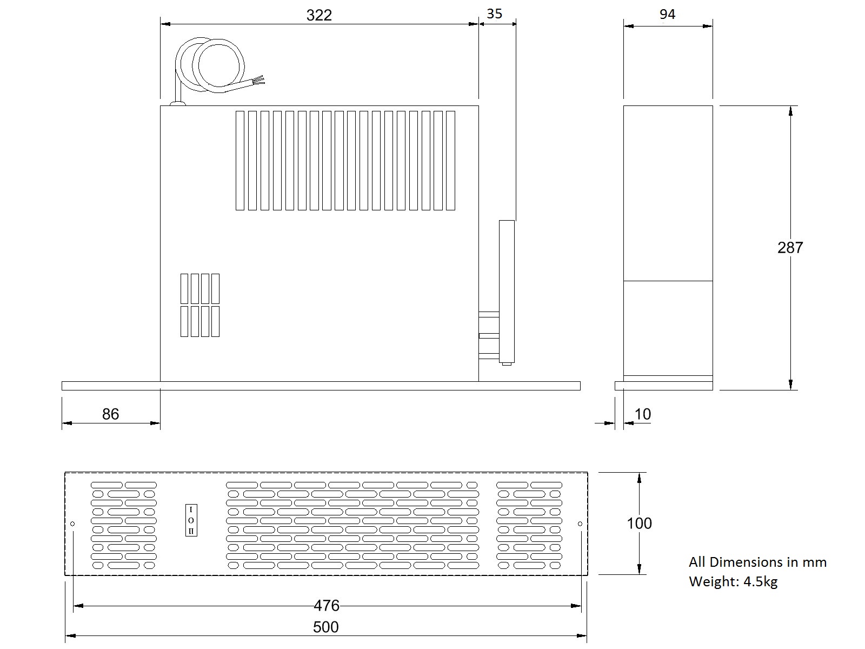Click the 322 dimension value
pyautogui.click(x=319, y=15)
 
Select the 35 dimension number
pyautogui.click(x=494, y=14)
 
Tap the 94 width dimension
pyautogui.click(x=668, y=14)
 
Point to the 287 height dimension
pyautogui.click(x=790, y=248)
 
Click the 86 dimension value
pyautogui.click(x=110, y=414)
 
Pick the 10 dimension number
pyautogui.click(x=643, y=414)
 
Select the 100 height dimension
pyautogui.click(x=639, y=524)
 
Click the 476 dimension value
pyautogui.click(x=327, y=606)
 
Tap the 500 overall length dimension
pyautogui.click(x=326, y=627)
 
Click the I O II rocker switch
pyautogui.click(x=191, y=520)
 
